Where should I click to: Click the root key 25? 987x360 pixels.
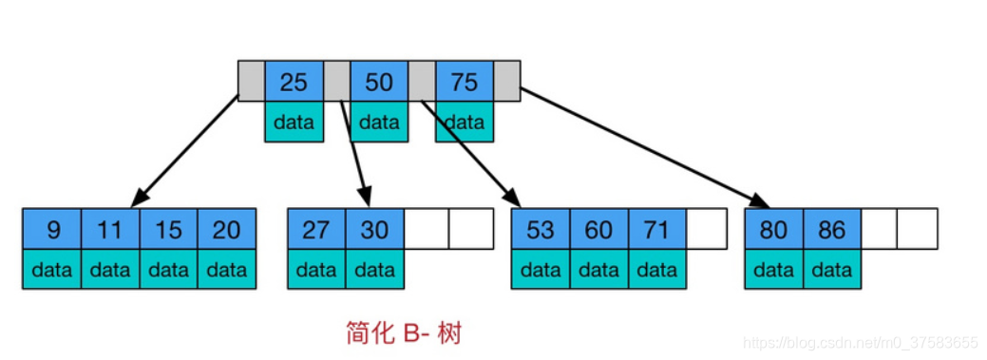click(x=294, y=82)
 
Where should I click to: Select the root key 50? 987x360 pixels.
click(x=378, y=82)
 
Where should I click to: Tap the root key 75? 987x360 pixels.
click(x=464, y=82)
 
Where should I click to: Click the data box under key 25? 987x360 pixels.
click(x=294, y=122)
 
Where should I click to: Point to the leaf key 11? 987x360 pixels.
click(x=110, y=229)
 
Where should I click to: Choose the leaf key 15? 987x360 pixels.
click(x=168, y=229)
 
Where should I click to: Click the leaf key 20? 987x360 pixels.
click(x=227, y=229)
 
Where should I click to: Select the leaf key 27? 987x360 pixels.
click(x=316, y=229)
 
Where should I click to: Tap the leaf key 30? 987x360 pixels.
click(x=375, y=229)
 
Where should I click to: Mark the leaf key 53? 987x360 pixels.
click(x=541, y=229)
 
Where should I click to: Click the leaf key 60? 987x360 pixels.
click(x=598, y=229)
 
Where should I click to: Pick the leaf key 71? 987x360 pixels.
click(x=657, y=229)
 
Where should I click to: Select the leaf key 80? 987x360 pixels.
click(x=774, y=229)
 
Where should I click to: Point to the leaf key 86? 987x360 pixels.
click(x=832, y=229)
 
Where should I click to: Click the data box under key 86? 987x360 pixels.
click(x=832, y=270)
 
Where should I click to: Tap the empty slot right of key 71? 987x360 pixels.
click(x=707, y=229)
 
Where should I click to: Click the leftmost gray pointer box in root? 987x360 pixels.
click(x=251, y=82)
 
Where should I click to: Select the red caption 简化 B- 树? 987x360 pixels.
click(x=405, y=333)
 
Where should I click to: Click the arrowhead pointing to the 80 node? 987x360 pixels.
click(x=761, y=202)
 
